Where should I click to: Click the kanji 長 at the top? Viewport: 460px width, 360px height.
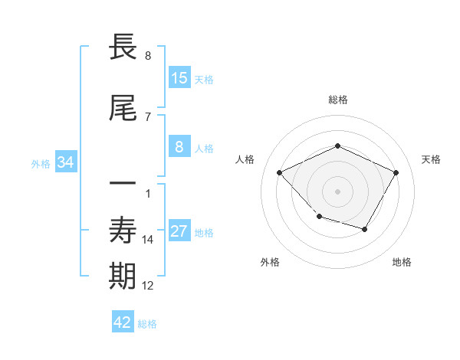[123, 47]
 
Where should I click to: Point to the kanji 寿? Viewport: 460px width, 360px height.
[123, 230]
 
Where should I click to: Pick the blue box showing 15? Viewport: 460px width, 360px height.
[179, 78]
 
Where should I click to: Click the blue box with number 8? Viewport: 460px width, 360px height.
[179, 148]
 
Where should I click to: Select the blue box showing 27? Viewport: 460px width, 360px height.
[179, 232]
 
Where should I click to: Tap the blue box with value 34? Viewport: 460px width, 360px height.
[65, 162]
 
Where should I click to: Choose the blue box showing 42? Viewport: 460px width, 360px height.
[123, 322]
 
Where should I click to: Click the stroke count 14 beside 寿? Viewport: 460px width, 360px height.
[148, 240]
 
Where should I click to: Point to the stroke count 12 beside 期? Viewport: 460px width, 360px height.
[148, 286]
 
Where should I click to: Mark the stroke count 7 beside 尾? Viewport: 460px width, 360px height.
[148, 117]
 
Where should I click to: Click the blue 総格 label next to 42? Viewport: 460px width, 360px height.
[147, 324]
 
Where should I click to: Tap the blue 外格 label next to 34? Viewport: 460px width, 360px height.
[41, 164]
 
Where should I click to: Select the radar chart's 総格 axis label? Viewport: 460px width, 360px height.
[338, 100]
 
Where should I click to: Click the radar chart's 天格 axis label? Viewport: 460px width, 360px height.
[431, 159]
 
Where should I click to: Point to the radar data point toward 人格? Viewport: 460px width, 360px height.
[280, 172]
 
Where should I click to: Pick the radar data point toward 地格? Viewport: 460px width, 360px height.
[365, 229]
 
